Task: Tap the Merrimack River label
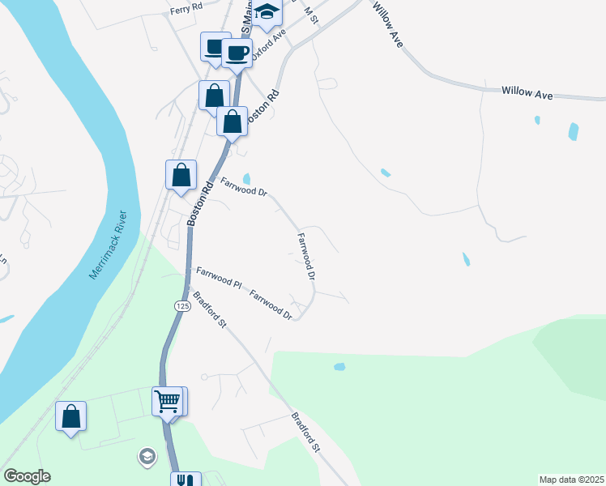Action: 110,245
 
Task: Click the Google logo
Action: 27,476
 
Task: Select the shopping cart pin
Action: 168,400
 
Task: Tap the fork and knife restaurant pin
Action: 186,480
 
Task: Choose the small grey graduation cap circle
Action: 146,456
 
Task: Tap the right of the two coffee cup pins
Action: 237,53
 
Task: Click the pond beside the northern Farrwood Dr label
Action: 246,179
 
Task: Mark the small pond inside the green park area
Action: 339,367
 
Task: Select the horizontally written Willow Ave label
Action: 527,93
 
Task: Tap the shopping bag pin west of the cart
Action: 71,416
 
